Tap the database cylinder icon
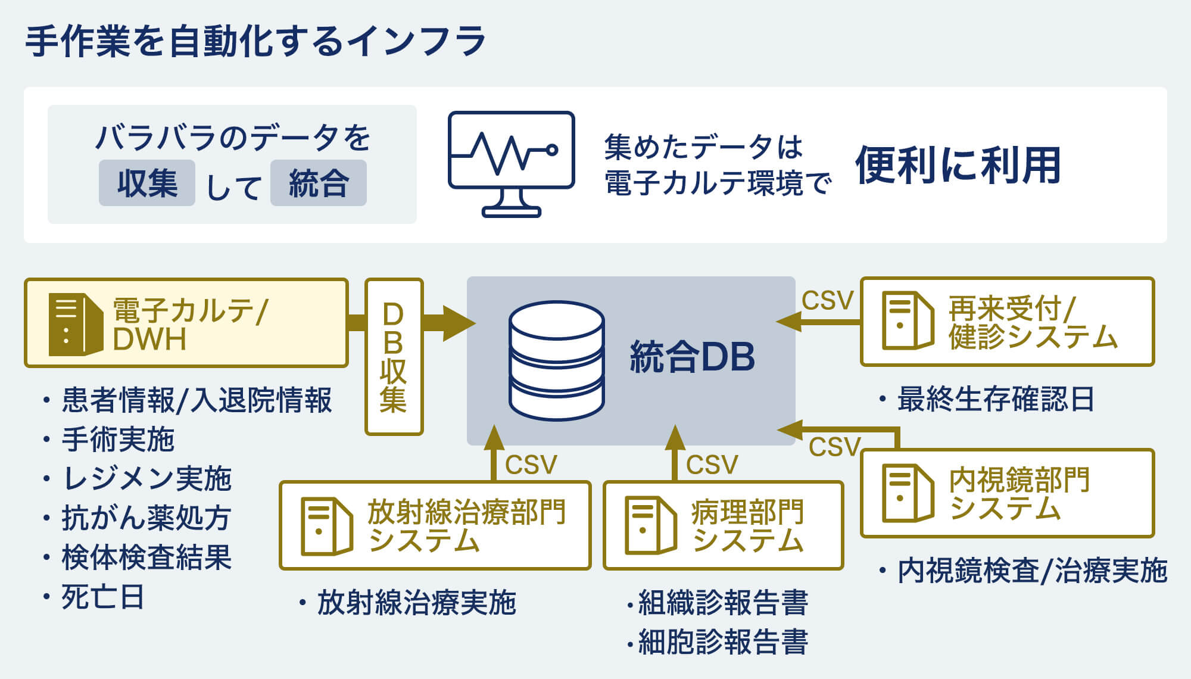click(557, 360)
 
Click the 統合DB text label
click(692, 357)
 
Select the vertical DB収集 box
click(394, 356)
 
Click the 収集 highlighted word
click(147, 183)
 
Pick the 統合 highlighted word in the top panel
click(319, 183)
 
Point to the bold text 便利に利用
click(958, 165)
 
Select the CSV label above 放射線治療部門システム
click(531, 465)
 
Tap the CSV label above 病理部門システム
click(712, 465)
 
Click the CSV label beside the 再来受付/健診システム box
click(827, 301)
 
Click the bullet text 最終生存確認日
click(995, 399)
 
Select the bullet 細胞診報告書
click(722, 642)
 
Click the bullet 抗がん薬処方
click(146, 518)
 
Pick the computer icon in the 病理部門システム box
click(650, 525)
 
